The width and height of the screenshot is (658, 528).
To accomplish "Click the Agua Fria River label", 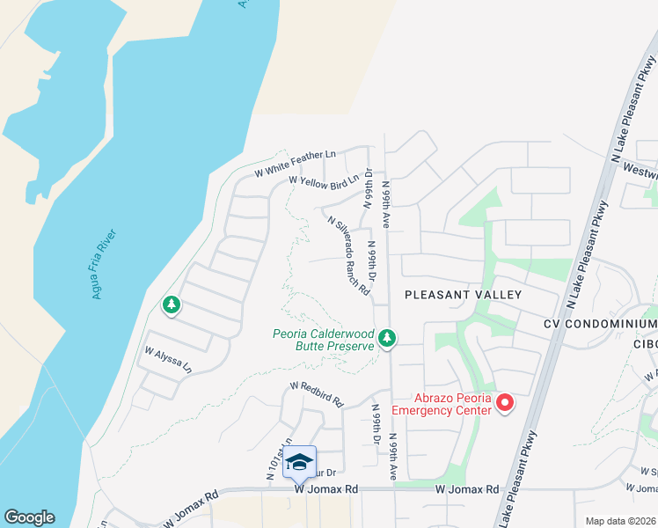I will click(x=105, y=265).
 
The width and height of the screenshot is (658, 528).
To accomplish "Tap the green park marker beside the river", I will click(x=172, y=305).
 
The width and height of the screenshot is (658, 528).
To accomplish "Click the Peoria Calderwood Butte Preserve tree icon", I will click(x=386, y=338).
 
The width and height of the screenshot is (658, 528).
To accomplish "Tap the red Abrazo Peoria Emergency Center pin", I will click(x=505, y=403).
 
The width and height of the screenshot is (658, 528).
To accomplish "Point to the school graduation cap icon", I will click(x=299, y=462).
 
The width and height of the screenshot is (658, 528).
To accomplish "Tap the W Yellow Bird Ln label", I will click(x=325, y=182).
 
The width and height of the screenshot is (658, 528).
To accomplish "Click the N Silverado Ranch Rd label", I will click(x=347, y=256).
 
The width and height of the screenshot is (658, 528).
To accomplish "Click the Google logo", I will click(x=29, y=517).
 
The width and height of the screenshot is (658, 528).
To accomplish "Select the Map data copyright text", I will click(x=620, y=521).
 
